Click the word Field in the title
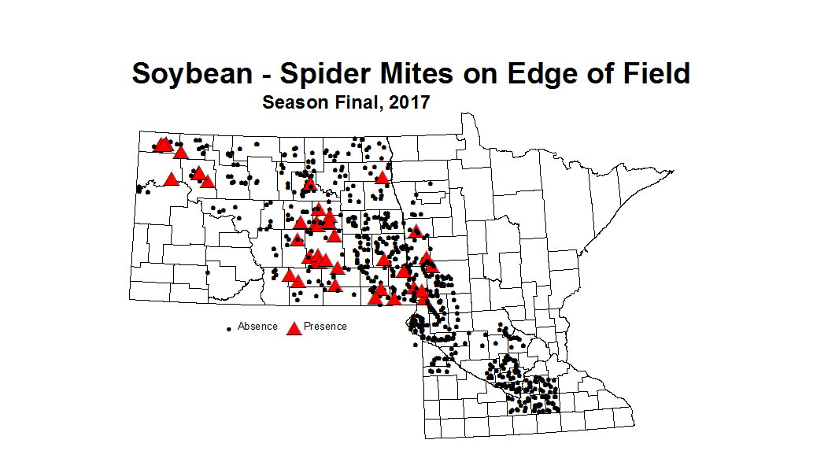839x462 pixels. point(652,74)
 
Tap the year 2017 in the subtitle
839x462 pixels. point(407,102)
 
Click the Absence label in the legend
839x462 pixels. point(257,326)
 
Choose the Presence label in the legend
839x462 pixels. point(325,326)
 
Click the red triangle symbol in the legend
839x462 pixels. point(294,327)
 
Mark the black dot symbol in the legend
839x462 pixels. point(228,327)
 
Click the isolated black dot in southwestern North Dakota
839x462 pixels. point(208,272)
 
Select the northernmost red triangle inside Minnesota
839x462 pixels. point(416,231)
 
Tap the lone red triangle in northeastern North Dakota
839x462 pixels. point(383,177)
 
